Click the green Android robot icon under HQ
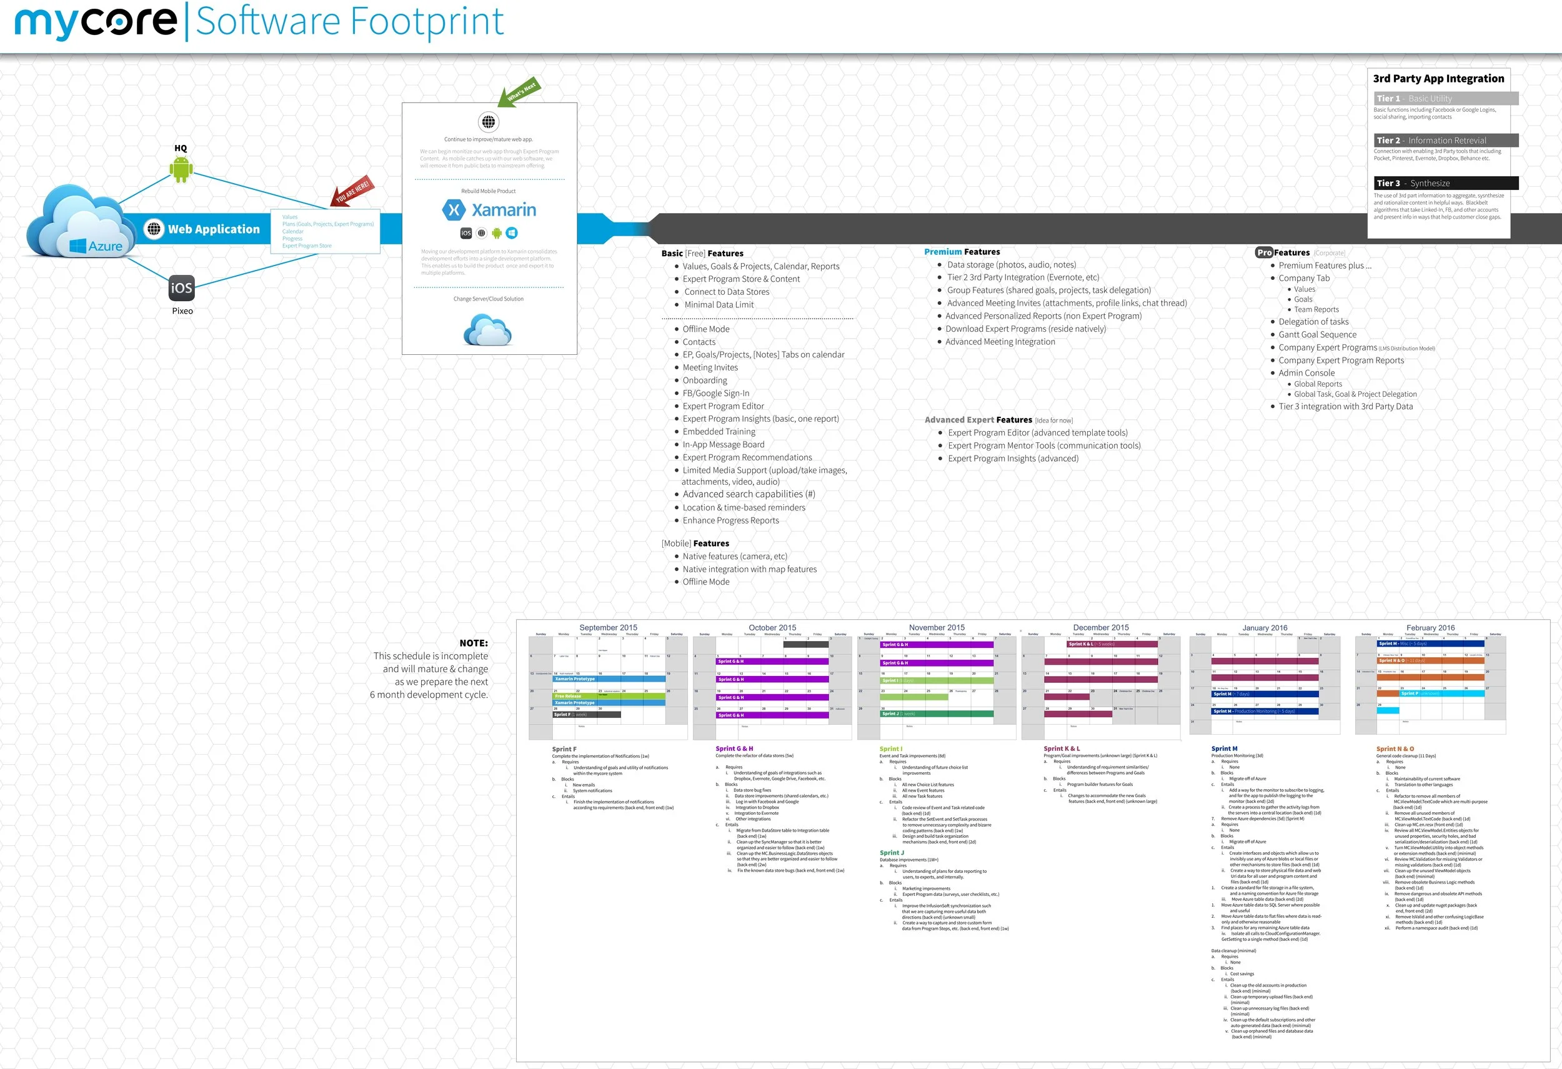coord(181,169)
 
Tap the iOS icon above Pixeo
coord(181,288)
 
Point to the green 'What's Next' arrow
coord(519,93)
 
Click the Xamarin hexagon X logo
coord(454,211)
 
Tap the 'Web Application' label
coord(213,229)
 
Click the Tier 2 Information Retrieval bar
coord(1446,141)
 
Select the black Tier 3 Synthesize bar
coord(1446,184)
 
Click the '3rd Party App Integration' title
coord(1438,79)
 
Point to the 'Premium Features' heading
coord(962,252)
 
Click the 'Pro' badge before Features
coord(1263,252)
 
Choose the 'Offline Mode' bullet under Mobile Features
coord(706,582)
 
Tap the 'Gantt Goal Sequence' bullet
coord(1317,335)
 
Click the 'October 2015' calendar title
coord(772,627)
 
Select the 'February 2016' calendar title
coord(1430,627)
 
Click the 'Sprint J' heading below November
coord(891,853)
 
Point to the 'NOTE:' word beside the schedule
coord(473,643)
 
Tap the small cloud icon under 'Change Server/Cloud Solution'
coord(488,330)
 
